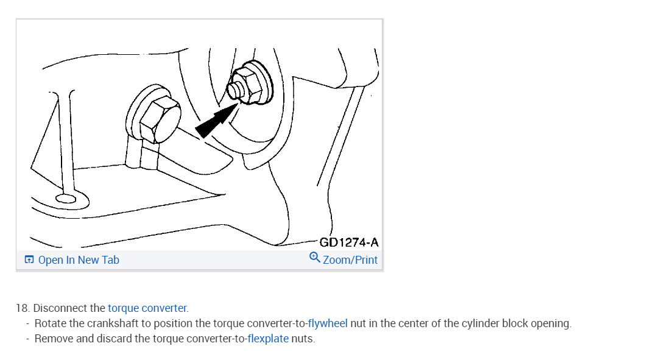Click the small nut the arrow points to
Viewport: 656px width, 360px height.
click(237, 91)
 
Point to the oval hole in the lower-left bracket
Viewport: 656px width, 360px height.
click(65, 198)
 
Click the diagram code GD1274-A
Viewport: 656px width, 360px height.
click(349, 242)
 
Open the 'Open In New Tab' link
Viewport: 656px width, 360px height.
click(79, 260)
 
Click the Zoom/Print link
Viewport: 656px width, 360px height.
click(350, 260)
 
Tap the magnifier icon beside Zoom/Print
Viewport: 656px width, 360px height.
click(315, 258)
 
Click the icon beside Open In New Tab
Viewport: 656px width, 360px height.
click(29, 260)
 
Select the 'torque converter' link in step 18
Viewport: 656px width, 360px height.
click(147, 308)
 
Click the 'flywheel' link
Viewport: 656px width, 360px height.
click(328, 323)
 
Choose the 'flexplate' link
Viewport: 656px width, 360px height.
click(268, 339)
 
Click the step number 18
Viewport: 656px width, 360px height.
click(23, 308)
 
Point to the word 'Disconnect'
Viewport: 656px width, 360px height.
click(61, 308)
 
